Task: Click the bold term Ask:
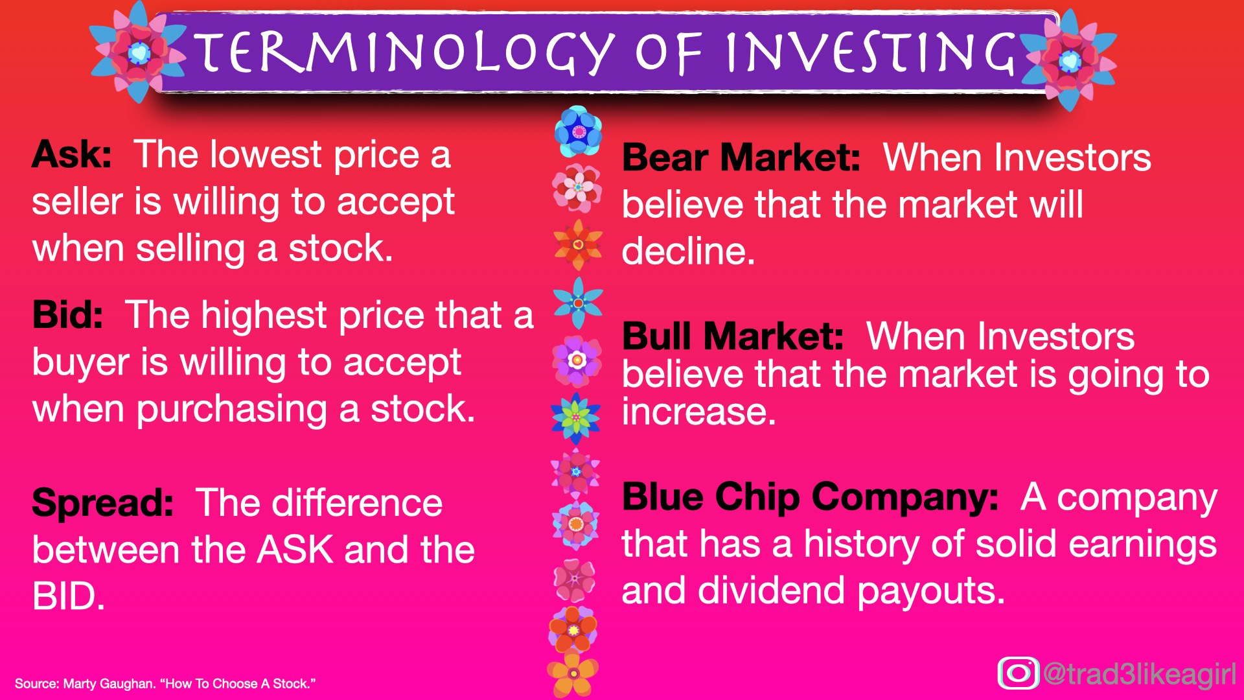pyautogui.click(x=71, y=155)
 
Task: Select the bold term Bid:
pyautogui.click(x=67, y=315)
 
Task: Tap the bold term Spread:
pyautogui.click(x=102, y=503)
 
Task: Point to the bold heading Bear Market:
pyautogui.click(x=741, y=157)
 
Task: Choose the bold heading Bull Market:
pyautogui.click(x=732, y=336)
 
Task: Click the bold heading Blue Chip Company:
pyautogui.click(x=810, y=497)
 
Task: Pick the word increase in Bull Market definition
pyautogui.click(x=698, y=412)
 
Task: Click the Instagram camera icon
pyautogui.click(x=1018, y=673)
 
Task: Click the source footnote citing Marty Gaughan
pyautogui.click(x=165, y=684)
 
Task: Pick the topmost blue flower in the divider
pyautogui.click(x=578, y=132)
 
